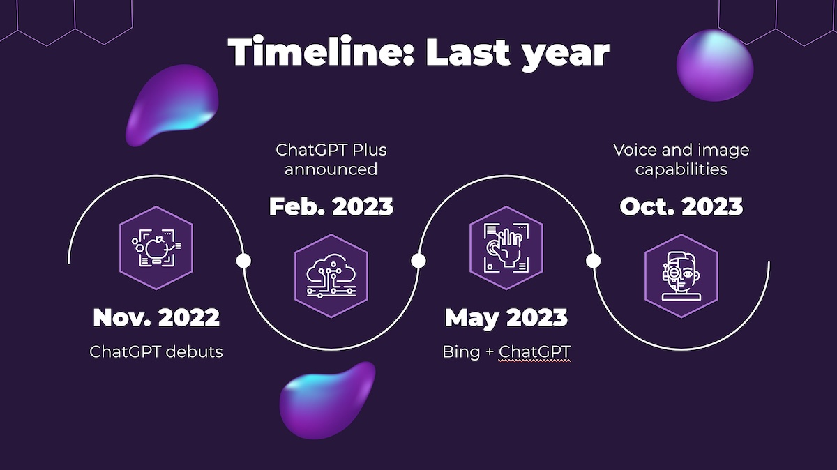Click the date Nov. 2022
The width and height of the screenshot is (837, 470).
[156, 317]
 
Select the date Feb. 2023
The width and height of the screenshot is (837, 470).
[331, 206]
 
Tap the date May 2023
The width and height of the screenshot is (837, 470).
[506, 318]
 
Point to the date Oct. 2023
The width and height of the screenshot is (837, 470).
[681, 206]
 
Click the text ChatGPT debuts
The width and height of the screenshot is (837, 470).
[156, 351]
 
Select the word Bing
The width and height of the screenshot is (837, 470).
[461, 352]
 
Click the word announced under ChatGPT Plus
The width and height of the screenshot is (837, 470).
[331, 169]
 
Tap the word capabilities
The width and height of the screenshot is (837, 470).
[681, 170]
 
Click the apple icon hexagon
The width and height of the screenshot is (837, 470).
[156, 248]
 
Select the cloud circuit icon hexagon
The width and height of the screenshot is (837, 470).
[331, 275]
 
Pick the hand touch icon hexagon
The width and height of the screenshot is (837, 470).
[506, 248]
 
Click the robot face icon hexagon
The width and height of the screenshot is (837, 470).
[681, 275]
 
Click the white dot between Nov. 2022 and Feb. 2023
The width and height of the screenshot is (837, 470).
[243, 260]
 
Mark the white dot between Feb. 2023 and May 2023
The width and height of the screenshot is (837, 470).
[418, 260]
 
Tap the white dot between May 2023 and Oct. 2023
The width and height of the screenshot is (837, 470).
[594, 260]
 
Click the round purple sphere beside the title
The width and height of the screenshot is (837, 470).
[715, 66]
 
